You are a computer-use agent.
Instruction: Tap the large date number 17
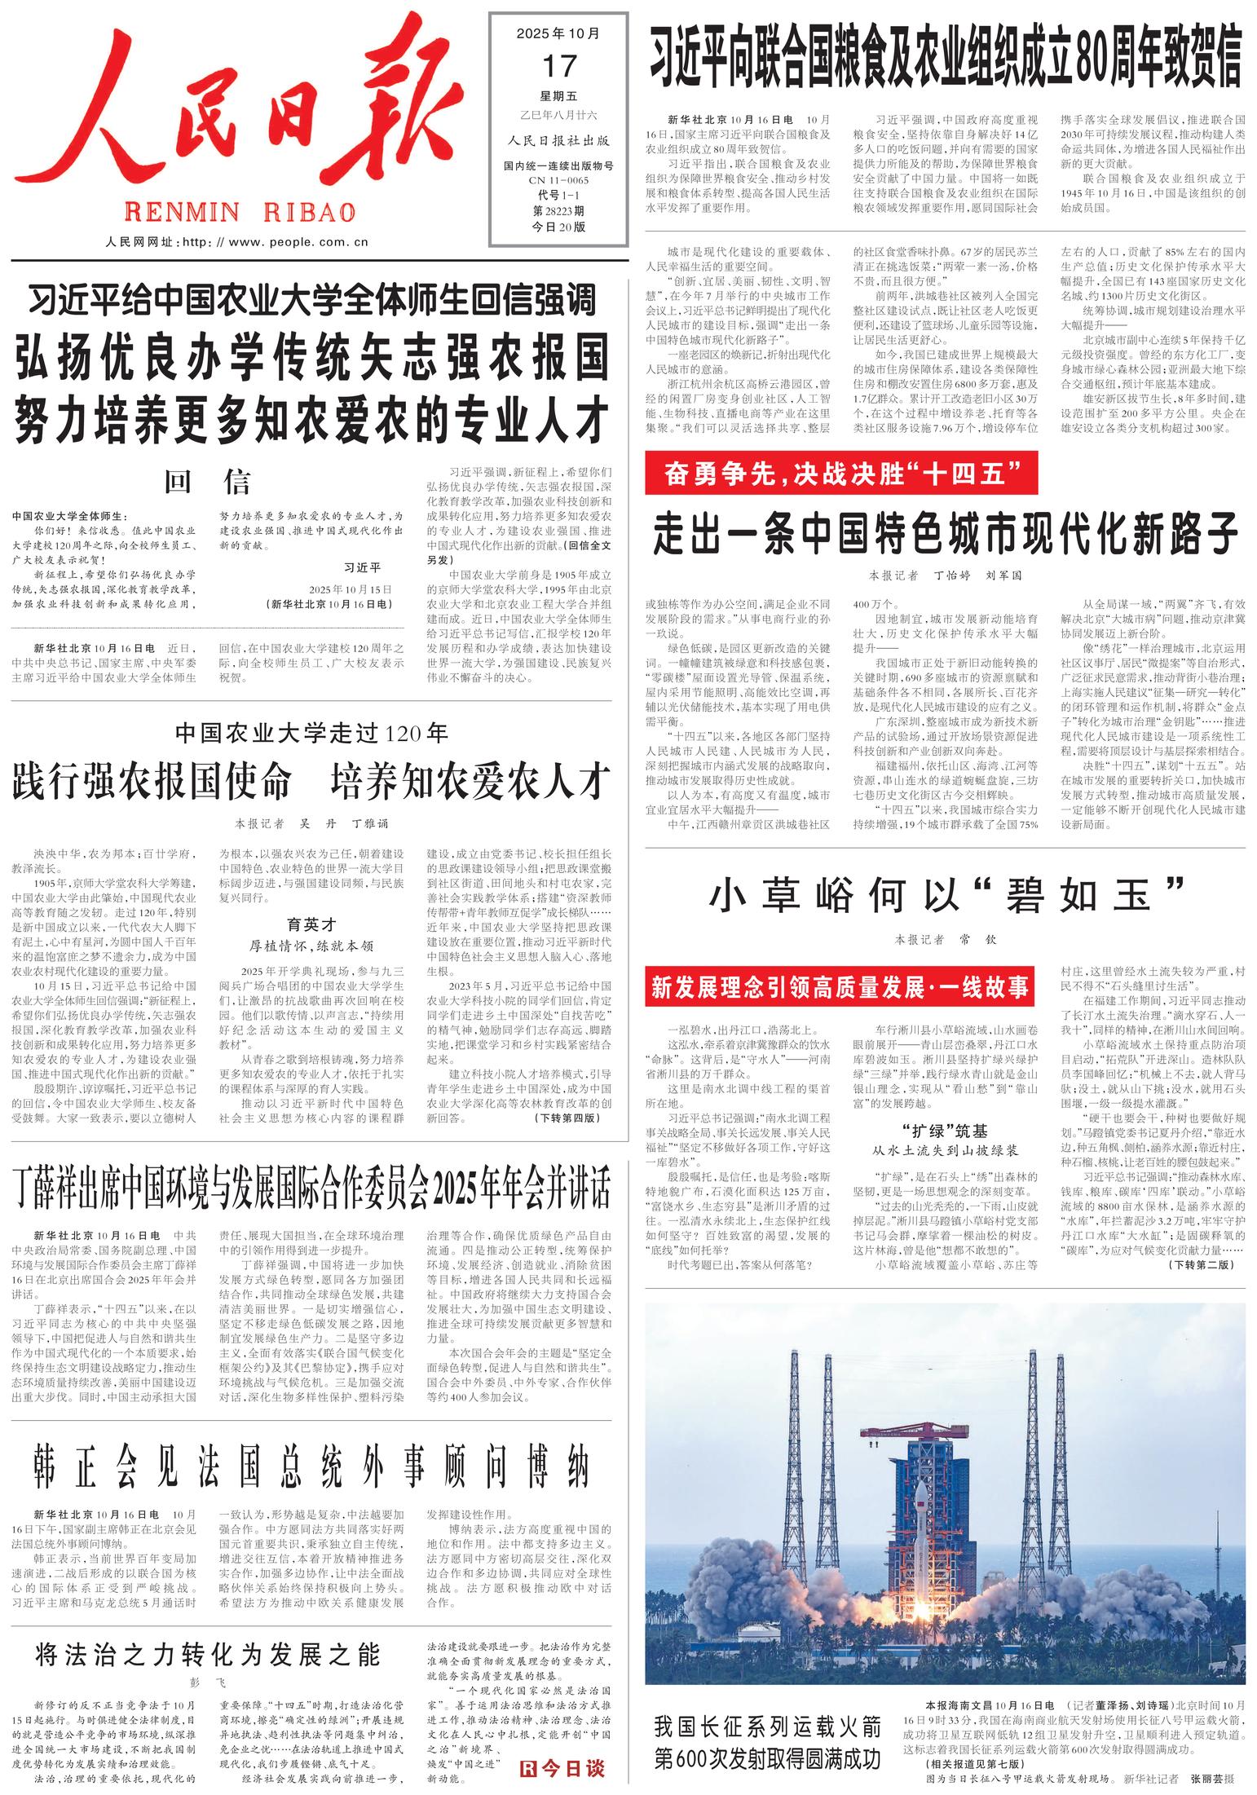558,64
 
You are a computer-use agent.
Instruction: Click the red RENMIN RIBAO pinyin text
240,213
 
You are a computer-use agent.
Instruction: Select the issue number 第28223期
558,210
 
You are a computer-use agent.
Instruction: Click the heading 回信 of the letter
207,483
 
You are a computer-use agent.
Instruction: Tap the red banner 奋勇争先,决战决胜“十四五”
840,474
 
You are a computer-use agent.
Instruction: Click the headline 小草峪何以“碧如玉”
945,896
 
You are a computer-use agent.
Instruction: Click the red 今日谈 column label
563,1766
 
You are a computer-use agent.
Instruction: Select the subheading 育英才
311,924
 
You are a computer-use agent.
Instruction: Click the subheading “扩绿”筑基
945,1131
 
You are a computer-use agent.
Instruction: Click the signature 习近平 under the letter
364,567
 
